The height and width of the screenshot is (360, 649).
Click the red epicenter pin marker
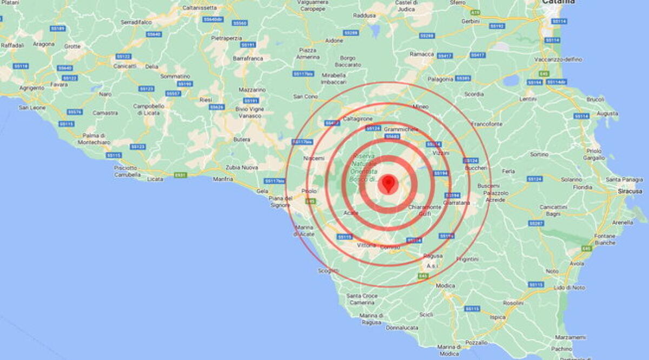pyautogui.click(x=387, y=183)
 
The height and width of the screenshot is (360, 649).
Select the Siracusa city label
pyautogui.click(x=630, y=191)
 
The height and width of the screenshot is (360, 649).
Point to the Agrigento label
pyautogui.click(x=31, y=88)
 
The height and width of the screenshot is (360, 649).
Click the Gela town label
pyautogui.click(x=262, y=191)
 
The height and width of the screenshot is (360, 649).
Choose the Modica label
pyautogui.click(x=445, y=285)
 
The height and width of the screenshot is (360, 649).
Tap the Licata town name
pyautogui.click(x=155, y=178)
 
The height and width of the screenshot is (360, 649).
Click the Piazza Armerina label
pyautogui.click(x=307, y=54)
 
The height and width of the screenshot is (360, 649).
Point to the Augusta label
pyautogui.click(x=607, y=114)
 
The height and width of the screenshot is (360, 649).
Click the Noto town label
pyautogui.click(x=552, y=271)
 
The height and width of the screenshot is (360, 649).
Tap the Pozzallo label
pyautogui.click(x=476, y=343)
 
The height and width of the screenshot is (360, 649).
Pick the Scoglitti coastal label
pyautogui.click(x=329, y=271)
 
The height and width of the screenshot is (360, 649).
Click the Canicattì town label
pyautogui.click(x=124, y=66)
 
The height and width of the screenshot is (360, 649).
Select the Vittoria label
pyautogui.click(x=367, y=245)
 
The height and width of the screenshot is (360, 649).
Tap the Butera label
pyautogui.click(x=242, y=139)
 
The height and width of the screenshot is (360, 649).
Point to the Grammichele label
pyautogui.click(x=401, y=130)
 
